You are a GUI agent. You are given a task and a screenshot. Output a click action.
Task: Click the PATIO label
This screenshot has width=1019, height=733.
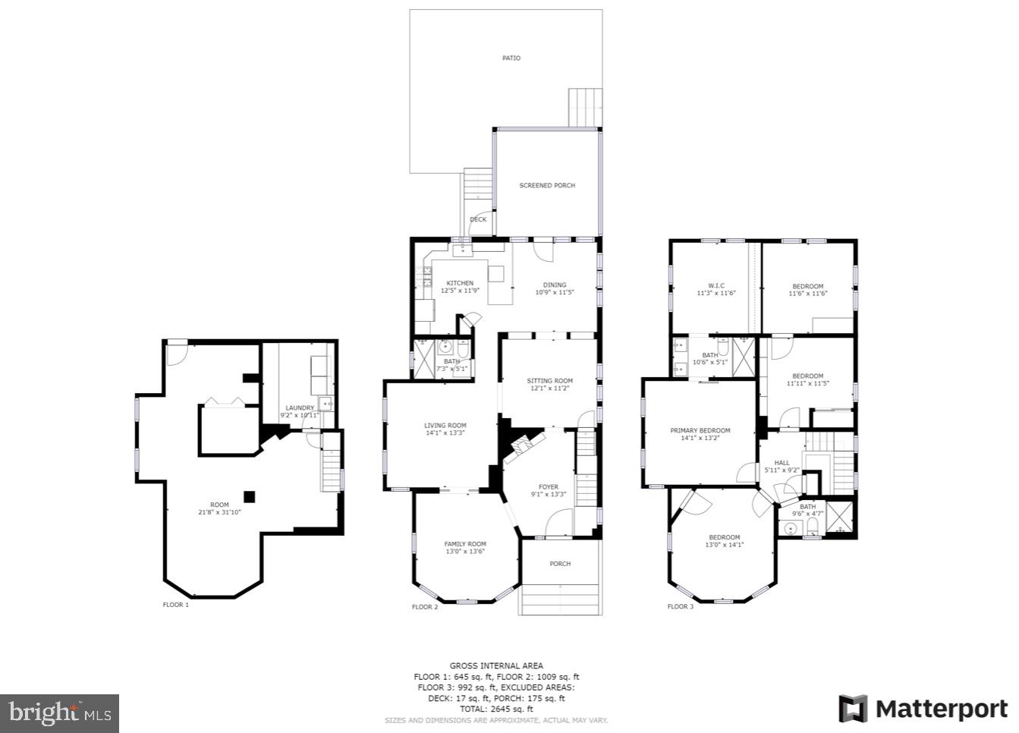pos(511,58)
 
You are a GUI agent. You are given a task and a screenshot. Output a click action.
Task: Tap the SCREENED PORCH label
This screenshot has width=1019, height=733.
pos(546,186)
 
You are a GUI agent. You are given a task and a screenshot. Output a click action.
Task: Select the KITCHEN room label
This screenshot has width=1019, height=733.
pos(460,283)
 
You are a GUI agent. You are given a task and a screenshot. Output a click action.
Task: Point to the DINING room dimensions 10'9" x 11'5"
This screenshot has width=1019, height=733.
pos(554,292)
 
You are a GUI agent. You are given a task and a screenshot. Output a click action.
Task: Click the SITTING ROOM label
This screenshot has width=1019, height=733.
pos(549,381)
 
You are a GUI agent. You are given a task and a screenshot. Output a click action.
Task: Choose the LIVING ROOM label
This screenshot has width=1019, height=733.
pos(445,426)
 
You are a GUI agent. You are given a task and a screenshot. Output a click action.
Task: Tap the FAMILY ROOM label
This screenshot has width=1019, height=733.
pos(465,544)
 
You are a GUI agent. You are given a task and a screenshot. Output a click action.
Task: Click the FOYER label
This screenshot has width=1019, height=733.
pos(548,487)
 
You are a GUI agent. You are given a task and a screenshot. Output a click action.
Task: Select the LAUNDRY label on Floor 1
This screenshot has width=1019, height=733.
pos(300,408)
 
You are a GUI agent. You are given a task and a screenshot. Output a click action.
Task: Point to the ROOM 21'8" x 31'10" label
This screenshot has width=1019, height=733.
pos(219,508)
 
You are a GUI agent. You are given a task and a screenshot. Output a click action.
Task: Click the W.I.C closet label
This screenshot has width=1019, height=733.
pos(716,286)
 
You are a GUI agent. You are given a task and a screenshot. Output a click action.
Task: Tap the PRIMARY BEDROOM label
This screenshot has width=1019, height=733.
pos(700,431)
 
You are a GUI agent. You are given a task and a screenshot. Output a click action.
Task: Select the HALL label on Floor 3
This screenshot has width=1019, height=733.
pos(782,463)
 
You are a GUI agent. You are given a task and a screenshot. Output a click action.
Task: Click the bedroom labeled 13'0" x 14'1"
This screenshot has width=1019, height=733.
pos(724,541)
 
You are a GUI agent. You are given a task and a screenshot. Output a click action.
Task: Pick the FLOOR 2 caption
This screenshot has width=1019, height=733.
pos(425,607)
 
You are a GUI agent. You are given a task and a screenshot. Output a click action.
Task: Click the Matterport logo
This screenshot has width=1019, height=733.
pos(923,709)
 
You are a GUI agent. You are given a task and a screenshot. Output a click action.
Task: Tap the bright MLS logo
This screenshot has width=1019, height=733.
pos(60,713)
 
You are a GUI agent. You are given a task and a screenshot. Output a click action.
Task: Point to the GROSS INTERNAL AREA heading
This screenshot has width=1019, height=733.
pos(496,666)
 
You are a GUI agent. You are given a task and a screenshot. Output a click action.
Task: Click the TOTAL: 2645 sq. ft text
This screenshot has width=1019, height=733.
pos(496,709)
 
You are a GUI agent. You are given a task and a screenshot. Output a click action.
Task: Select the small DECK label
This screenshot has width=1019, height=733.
pos(478,220)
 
